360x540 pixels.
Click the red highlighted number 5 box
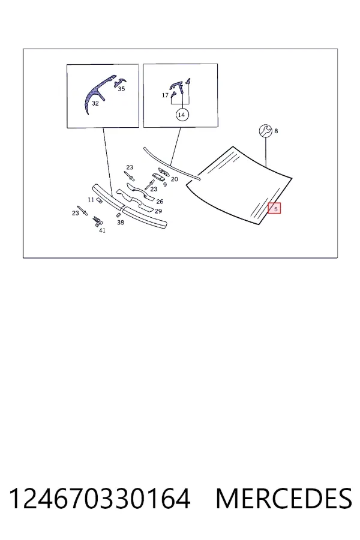click(x=275, y=208)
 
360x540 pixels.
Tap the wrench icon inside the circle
click(x=266, y=131)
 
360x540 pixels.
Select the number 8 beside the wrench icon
click(x=276, y=131)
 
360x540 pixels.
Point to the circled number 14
click(x=182, y=115)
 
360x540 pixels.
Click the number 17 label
click(x=166, y=95)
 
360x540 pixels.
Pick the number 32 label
click(x=95, y=103)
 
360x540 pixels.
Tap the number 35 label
click(x=121, y=89)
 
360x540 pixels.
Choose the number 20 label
click(x=175, y=179)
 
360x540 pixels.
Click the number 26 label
click(x=160, y=202)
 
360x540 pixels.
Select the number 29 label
click(x=158, y=211)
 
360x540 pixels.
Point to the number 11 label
click(x=91, y=200)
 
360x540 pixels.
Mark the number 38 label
click(x=121, y=223)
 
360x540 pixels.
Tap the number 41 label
click(x=103, y=230)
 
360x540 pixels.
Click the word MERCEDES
click(x=284, y=499)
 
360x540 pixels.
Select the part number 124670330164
click(x=99, y=499)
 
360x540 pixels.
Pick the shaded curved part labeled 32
click(x=97, y=93)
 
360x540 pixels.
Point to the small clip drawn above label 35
click(x=120, y=82)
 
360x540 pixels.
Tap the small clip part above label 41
click(x=98, y=221)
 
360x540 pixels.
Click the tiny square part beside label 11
click(x=98, y=201)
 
